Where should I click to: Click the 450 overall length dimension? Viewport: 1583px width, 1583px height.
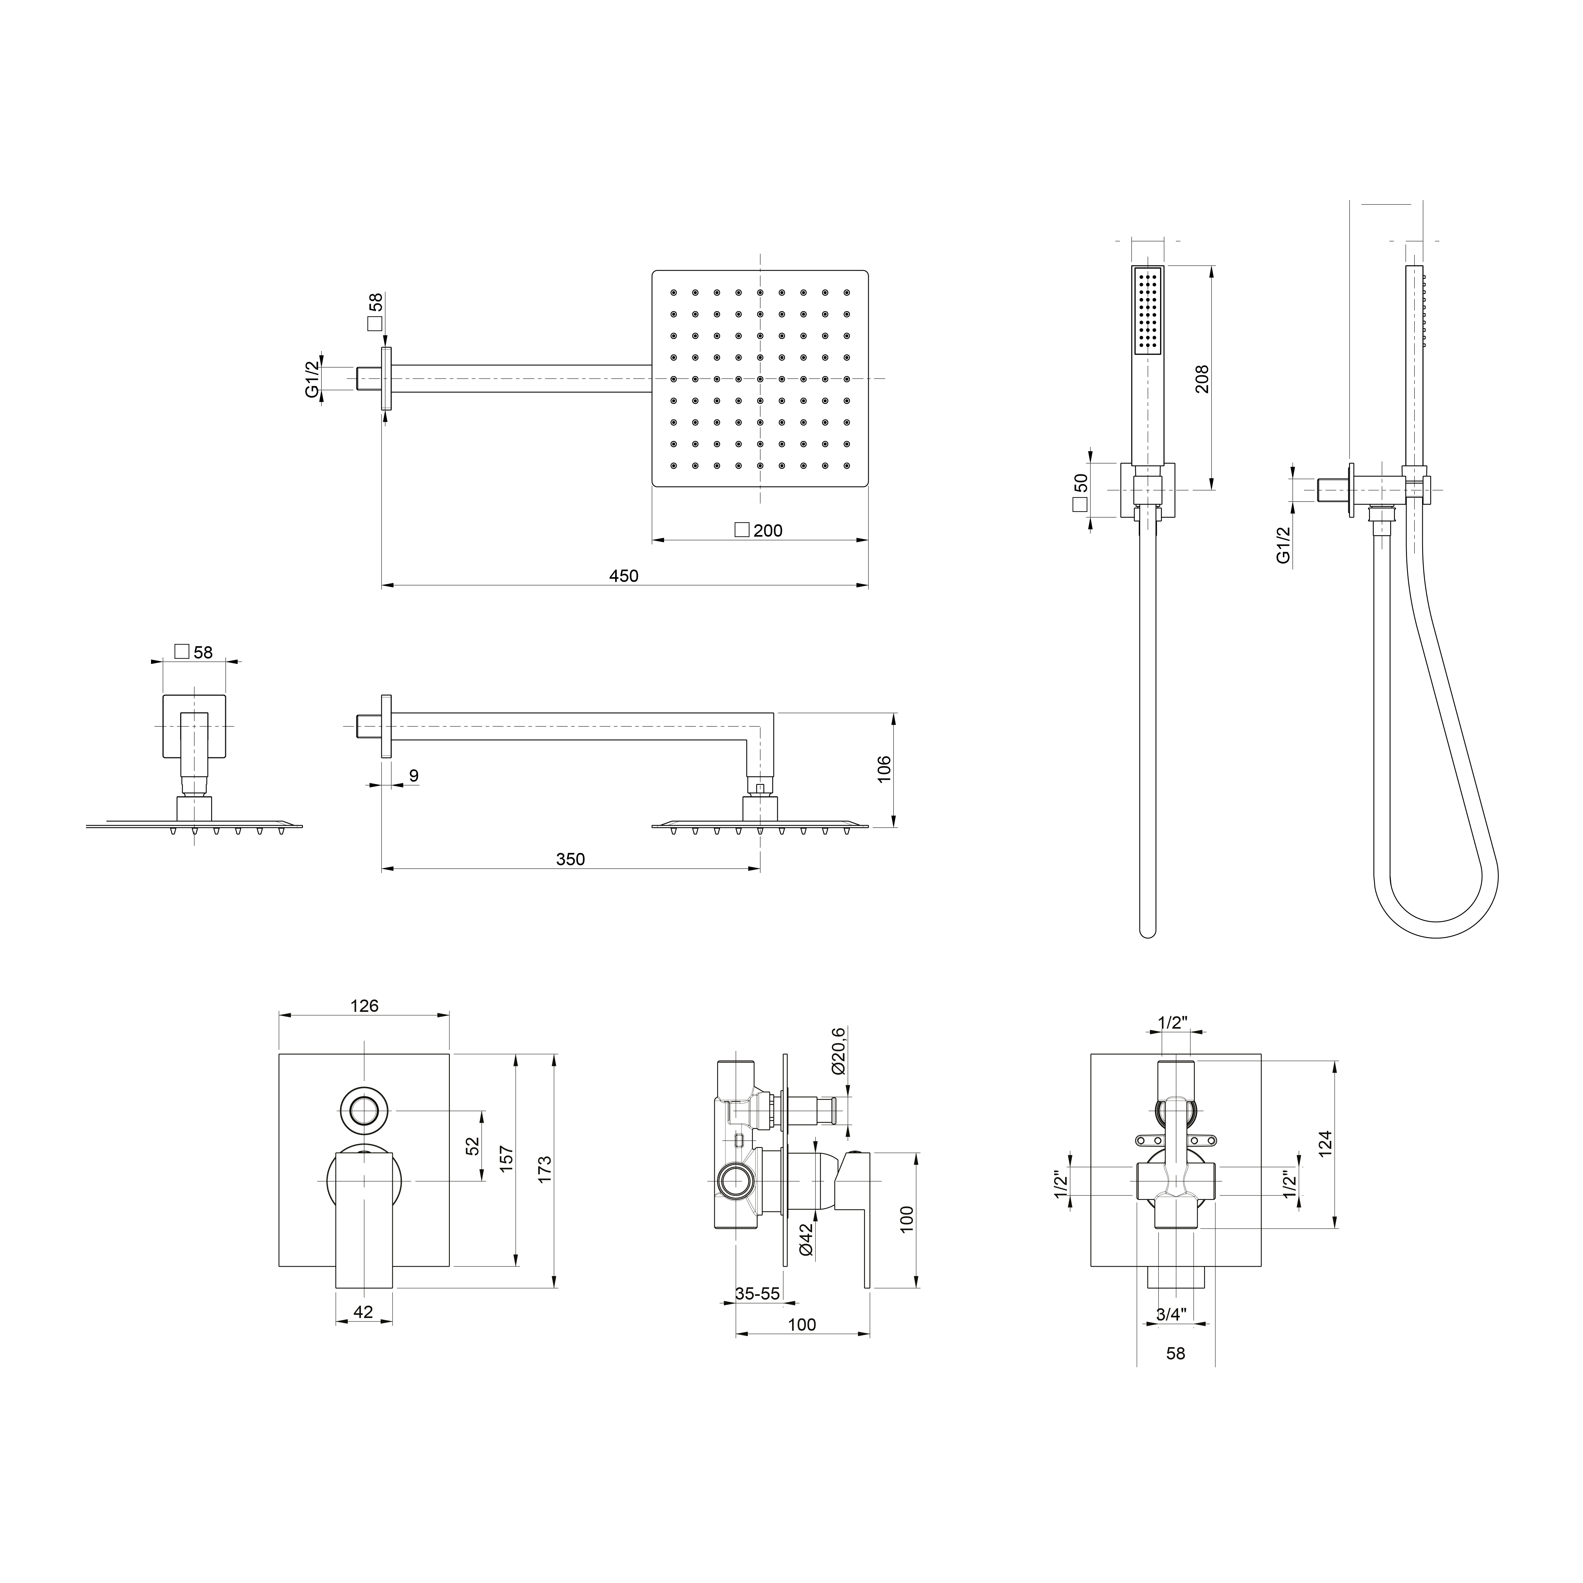click(x=623, y=576)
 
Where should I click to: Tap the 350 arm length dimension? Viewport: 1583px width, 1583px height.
click(x=570, y=860)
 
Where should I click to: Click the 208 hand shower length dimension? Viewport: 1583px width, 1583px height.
click(x=1202, y=379)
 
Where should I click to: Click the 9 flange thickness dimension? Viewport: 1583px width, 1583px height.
click(x=414, y=775)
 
